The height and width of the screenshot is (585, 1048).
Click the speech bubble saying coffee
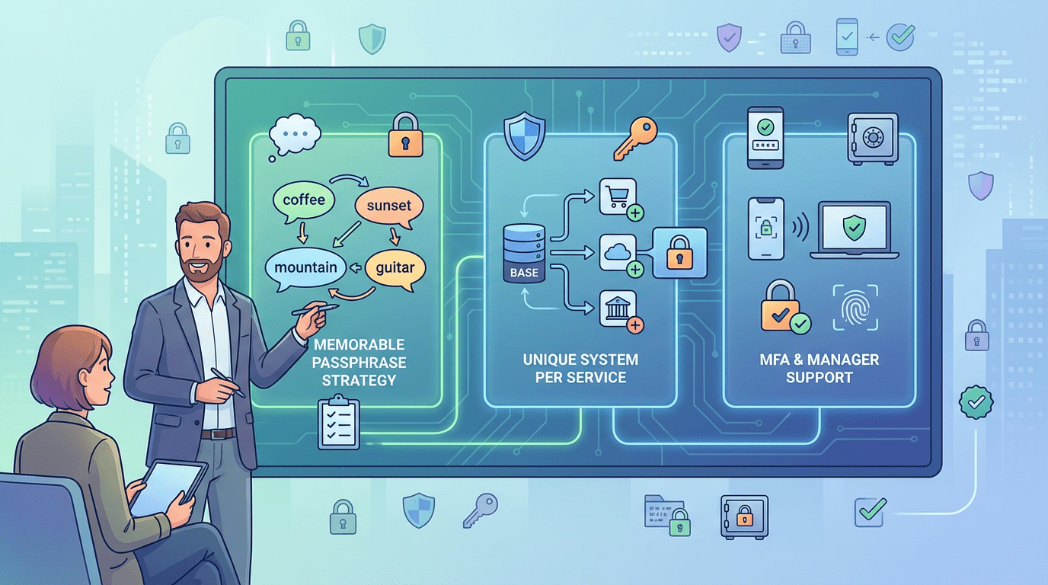pos(303,200)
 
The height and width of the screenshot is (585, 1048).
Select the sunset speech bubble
pos(388,205)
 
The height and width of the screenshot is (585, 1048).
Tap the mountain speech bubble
pos(305,267)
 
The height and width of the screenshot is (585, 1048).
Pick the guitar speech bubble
pos(395,268)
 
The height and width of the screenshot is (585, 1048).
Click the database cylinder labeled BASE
pos(525,251)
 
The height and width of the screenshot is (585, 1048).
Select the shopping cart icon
pos(618,197)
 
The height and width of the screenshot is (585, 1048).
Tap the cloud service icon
pos(618,251)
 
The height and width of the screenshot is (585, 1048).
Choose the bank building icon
pos(618,307)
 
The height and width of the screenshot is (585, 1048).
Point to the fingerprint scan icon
pos(855,308)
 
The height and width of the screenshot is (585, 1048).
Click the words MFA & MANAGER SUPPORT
pos(819,368)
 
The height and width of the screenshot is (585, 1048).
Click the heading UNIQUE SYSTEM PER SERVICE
pos(580,368)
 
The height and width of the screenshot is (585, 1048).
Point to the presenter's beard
pos(202,266)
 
